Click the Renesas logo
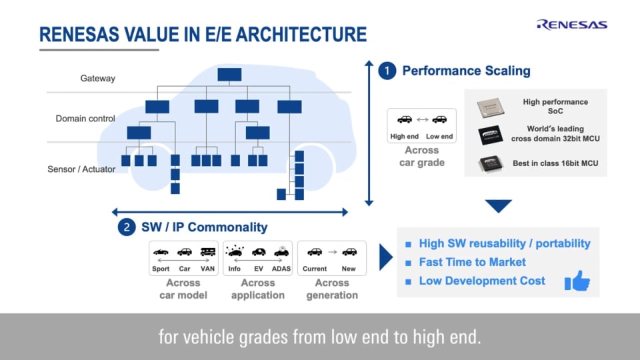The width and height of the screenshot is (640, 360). (571, 25)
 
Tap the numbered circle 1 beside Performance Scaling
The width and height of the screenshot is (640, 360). (387, 71)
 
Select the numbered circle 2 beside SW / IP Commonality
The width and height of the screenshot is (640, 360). (127, 227)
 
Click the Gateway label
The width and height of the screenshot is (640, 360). (98, 78)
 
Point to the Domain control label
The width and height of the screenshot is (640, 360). (85, 119)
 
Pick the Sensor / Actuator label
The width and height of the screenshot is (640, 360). (81, 169)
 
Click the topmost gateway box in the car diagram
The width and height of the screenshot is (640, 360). (229, 73)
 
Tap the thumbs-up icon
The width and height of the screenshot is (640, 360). (577, 282)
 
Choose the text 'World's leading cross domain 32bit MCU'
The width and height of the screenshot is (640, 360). (553, 133)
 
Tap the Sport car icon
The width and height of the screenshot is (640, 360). (161, 252)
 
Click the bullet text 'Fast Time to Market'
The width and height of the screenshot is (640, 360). (472, 263)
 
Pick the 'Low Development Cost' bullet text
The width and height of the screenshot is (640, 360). (482, 281)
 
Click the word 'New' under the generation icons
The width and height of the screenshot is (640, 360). (349, 269)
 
